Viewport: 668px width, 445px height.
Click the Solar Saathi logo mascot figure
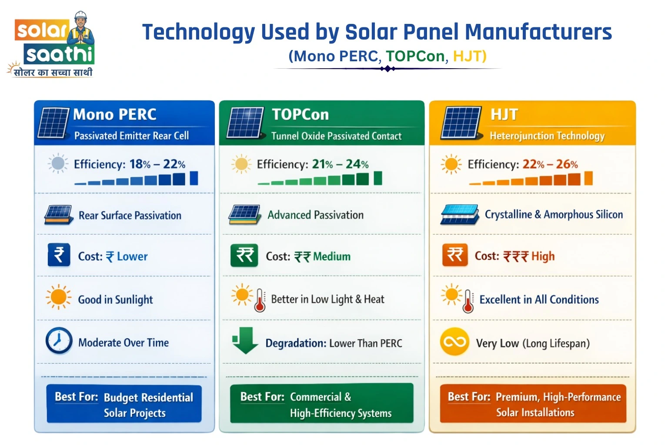click(x=81, y=30)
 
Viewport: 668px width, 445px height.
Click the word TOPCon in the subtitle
click(x=415, y=56)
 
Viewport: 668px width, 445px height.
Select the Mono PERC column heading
click(x=115, y=114)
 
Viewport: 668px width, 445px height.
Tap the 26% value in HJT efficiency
click(x=567, y=164)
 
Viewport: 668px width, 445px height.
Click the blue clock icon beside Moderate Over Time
click(x=59, y=341)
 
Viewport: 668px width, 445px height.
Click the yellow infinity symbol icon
click(x=454, y=342)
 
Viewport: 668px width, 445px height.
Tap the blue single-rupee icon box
click(x=59, y=255)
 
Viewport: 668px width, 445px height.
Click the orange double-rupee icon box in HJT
click(x=455, y=255)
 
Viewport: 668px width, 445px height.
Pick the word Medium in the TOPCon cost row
click(x=332, y=256)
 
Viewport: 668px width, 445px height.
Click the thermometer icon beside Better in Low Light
click(x=260, y=300)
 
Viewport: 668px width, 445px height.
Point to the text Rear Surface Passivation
click(x=130, y=216)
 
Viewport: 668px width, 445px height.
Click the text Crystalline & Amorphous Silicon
click(x=554, y=215)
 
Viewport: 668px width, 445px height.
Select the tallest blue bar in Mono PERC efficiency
click(x=194, y=178)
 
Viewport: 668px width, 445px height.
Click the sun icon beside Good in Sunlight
click(x=58, y=297)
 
